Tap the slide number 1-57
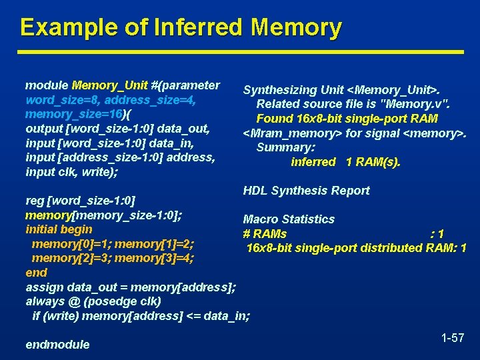[453, 338]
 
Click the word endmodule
[57, 345]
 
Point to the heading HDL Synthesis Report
[306, 191]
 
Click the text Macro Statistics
[289, 219]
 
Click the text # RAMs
[265, 234]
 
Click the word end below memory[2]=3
[36, 273]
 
